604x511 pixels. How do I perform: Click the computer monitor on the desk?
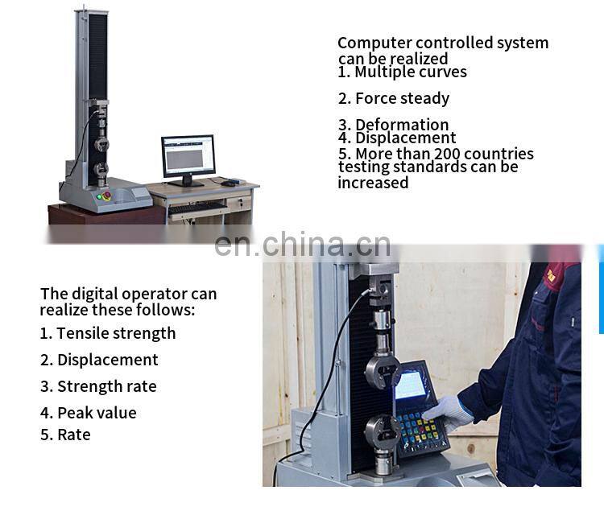(x=188, y=156)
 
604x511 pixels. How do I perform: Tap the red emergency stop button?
(x=102, y=196)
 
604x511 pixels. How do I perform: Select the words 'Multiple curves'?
(x=411, y=72)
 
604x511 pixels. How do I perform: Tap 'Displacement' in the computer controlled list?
(x=406, y=138)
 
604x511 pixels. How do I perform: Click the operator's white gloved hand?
(x=447, y=410)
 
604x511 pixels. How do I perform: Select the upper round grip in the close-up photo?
(x=383, y=371)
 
